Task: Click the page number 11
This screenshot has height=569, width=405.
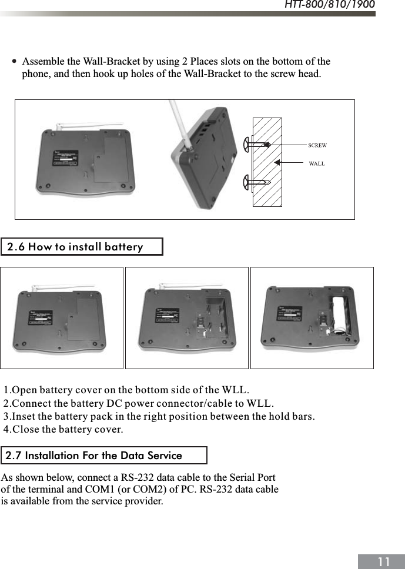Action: pos(384,562)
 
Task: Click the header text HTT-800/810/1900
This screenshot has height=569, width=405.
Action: pos(329,5)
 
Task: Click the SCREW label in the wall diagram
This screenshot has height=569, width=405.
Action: pos(317,145)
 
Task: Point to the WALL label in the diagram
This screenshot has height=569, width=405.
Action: pos(316,163)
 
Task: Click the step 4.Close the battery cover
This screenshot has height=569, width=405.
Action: pos(63,430)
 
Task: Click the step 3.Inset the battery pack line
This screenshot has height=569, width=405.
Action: pos(159,417)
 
